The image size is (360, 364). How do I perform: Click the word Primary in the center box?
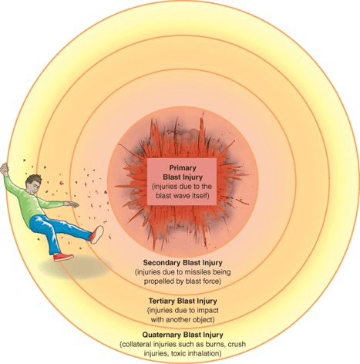pos(183,168)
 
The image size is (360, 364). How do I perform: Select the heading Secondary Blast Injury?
pos(183,263)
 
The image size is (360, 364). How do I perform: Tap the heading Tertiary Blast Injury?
pos(183,301)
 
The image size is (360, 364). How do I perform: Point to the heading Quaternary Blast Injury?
pos(183,335)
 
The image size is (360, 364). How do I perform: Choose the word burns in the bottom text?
pos(217,344)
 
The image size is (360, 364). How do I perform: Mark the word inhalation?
pos(204,353)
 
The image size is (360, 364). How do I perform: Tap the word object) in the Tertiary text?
pos(204,320)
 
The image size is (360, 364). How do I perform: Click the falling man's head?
pos(33,184)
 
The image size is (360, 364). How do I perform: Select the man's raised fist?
pos(4,169)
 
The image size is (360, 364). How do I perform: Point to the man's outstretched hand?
pos(72,204)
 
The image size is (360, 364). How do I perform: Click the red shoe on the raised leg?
pos(97,234)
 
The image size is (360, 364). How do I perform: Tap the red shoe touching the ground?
pos(63,257)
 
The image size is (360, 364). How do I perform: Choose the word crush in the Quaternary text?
pos(237,344)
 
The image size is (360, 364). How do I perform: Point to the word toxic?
pos(178,353)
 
